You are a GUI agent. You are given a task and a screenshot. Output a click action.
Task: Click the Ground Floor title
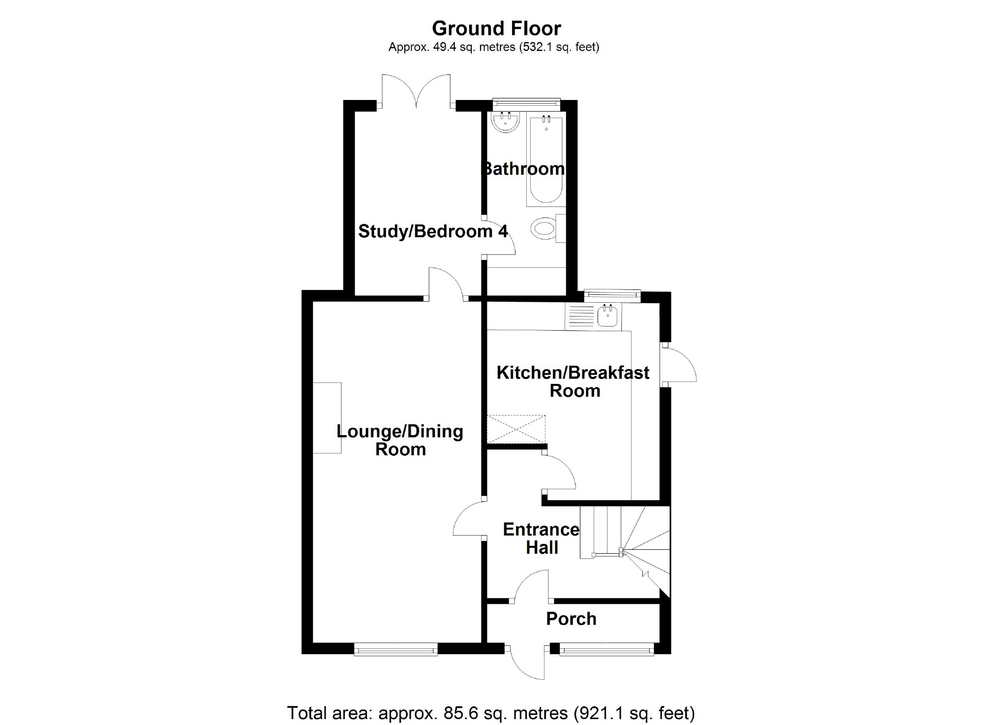(x=496, y=29)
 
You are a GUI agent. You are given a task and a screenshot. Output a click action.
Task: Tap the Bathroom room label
(x=522, y=169)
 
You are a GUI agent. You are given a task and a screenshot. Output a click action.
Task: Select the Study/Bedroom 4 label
(x=433, y=231)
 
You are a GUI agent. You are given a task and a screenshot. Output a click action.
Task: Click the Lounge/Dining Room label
(x=400, y=440)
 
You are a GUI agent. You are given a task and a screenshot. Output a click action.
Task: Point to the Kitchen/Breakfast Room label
(x=573, y=381)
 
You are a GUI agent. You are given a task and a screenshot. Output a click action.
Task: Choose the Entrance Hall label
(x=542, y=538)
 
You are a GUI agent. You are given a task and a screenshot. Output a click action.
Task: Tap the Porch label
(x=571, y=619)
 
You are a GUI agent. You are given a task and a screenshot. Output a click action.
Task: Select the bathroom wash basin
(x=506, y=122)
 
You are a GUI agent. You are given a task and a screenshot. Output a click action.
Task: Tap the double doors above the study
(x=416, y=91)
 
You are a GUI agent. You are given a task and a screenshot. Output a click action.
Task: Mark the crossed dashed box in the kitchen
(x=516, y=430)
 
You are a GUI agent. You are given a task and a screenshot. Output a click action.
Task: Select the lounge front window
(x=396, y=650)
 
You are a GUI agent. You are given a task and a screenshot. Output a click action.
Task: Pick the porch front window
(x=606, y=650)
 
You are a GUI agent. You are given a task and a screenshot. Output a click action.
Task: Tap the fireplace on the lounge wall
(x=327, y=418)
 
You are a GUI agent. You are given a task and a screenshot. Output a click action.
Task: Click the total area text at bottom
(x=491, y=713)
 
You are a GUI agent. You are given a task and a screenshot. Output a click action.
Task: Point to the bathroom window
(x=526, y=103)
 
